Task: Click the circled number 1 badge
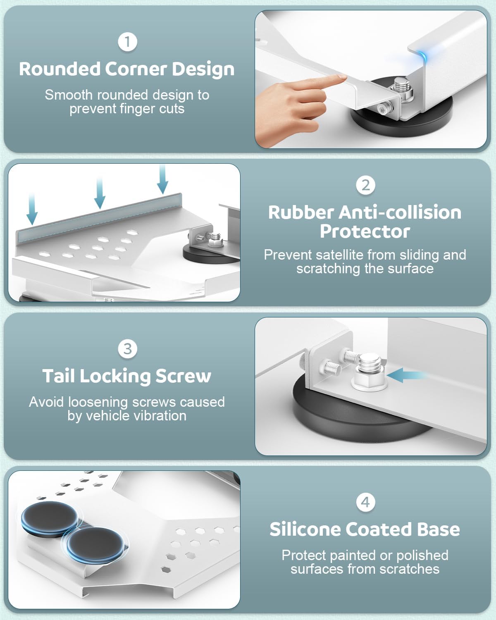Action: click(x=127, y=42)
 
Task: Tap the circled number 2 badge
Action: click(x=365, y=185)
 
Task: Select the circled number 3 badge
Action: click(x=127, y=349)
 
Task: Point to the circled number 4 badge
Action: click(x=365, y=502)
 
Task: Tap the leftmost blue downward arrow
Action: click(x=32, y=211)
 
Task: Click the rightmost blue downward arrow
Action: click(x=162, y=180)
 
